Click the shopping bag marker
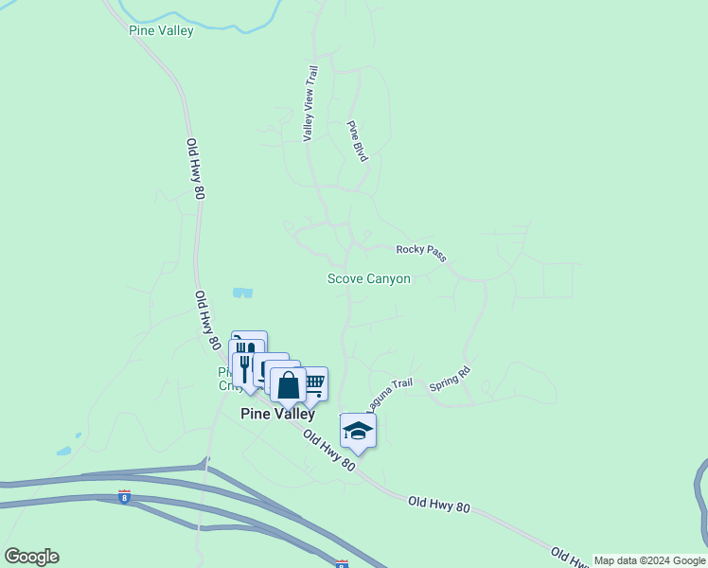click(289, 386)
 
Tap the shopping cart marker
click(313, 383)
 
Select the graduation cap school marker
click(358, 431)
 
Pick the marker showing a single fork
click(244, 364)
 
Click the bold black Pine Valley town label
click(277, 414)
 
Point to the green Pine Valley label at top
click(161, 31)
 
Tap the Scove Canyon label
click(369, 278)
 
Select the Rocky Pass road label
click(421, 252)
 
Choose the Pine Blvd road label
click(357, 141)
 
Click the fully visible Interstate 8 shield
click(125, 495)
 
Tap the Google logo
click(31, 557)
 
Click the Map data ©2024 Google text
click(649, 560)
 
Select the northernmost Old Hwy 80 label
click(195, 169)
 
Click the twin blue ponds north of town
click(243, 293)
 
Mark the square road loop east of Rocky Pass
click(558, 280)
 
